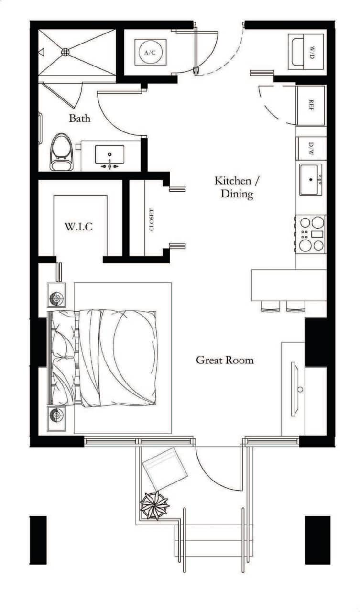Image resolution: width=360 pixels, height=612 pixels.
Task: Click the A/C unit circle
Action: (150, 52)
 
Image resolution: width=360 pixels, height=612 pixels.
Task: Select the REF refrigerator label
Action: (311, 105)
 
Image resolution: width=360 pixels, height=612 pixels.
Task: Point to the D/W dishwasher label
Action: (311, 148)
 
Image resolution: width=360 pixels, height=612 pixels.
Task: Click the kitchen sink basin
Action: (311, 179)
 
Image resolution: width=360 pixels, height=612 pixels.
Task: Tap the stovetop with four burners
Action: (311, 234)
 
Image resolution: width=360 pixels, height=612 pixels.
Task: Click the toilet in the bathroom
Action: (61, 152)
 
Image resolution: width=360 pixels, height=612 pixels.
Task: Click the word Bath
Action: (79, 118)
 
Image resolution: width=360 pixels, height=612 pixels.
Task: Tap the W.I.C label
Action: (79, 226)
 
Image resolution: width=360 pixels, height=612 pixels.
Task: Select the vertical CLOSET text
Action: (152, 220)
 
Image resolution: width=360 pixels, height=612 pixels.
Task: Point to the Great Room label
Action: (225, 360)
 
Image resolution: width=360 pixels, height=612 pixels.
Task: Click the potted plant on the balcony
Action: (154, 505)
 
